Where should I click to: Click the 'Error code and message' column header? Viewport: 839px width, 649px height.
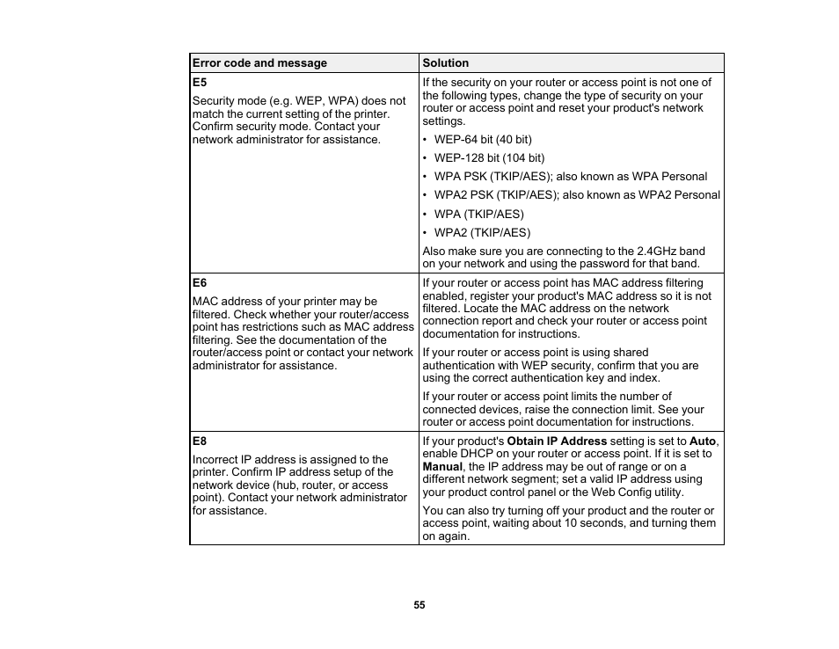259,63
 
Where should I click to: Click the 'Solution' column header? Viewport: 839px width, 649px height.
445,63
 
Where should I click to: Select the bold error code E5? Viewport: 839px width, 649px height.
199,83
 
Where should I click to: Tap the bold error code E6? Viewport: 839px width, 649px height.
199,283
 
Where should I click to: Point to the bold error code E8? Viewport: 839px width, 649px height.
199,441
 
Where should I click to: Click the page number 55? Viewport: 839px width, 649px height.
419,605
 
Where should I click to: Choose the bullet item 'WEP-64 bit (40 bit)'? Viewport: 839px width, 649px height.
483,140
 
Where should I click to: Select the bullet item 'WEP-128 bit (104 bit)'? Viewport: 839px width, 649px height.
489,158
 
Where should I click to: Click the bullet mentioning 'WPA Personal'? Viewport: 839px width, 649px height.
570,177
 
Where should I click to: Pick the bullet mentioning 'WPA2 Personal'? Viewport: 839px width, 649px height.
577,195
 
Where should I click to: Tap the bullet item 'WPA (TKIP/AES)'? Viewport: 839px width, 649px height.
478,214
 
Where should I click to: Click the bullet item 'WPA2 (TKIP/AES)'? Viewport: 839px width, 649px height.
482,233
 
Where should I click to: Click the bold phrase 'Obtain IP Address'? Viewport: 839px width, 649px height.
557,441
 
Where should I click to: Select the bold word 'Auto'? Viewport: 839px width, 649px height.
703,441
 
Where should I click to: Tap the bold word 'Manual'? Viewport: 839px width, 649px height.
442,467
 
